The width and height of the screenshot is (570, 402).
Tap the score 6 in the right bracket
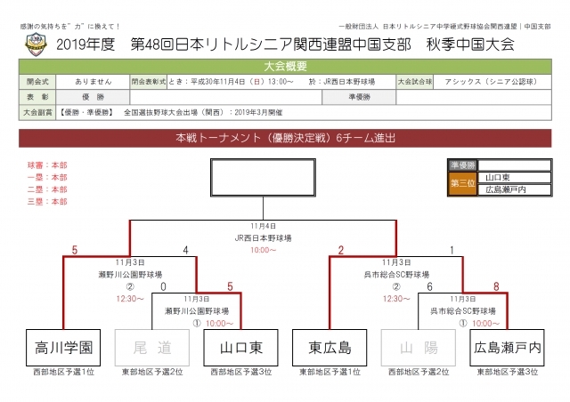pos(429,286)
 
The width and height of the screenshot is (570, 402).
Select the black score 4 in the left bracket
pos(184,250)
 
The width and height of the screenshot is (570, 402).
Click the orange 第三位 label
pos(462,183)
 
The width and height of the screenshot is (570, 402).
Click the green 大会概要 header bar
pos(285,66)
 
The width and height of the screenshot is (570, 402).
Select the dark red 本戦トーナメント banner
pos(285,139)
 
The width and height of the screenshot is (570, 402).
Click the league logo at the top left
pos(34,42)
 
